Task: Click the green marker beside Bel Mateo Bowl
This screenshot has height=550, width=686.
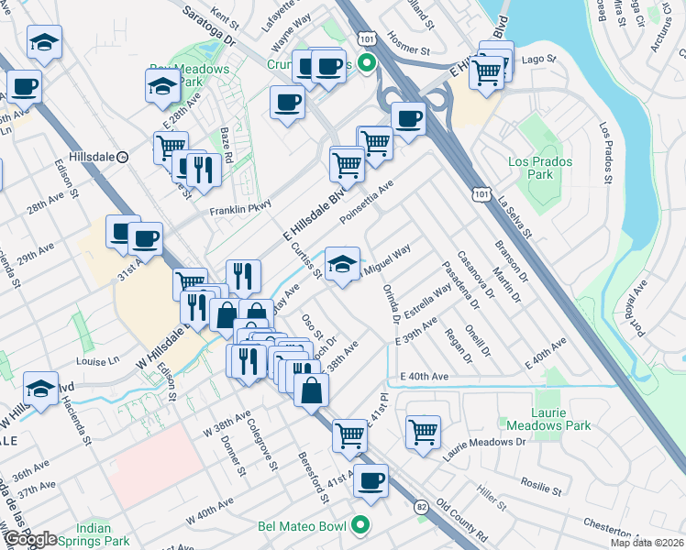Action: pos(360,526)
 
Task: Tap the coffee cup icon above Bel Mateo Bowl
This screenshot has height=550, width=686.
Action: pos(371,480)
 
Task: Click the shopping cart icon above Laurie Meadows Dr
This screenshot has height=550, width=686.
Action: pos(423,431)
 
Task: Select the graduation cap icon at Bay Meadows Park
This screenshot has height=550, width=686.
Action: pos(162,85)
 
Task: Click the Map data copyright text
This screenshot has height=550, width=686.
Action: pos(647,543)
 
